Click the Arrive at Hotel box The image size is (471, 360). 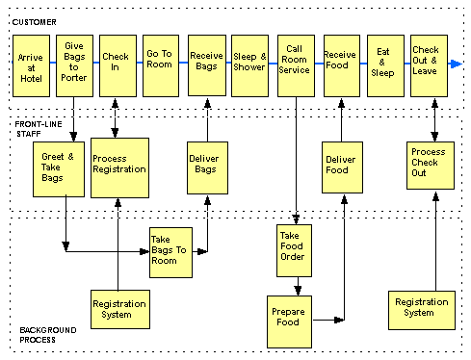30,64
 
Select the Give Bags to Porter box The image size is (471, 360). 73,64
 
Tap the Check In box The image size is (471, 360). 117,64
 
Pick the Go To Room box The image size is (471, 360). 161,64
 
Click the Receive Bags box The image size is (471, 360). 206,64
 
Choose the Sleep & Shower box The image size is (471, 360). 250,64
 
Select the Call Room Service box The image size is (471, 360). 295,64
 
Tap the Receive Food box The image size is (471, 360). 340,64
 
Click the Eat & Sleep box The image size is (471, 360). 384,64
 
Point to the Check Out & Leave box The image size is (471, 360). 428,64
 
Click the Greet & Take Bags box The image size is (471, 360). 52,168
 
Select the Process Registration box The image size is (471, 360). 119,167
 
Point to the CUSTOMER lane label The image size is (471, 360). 36,21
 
